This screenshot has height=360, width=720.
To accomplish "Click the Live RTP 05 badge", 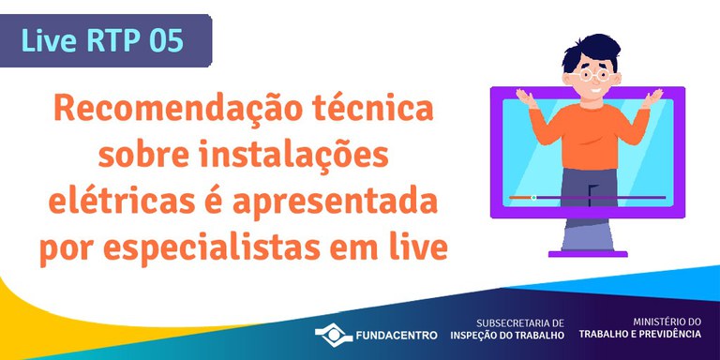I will pos(105,41).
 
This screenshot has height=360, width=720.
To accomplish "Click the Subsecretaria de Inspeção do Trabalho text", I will pos(507,328).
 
